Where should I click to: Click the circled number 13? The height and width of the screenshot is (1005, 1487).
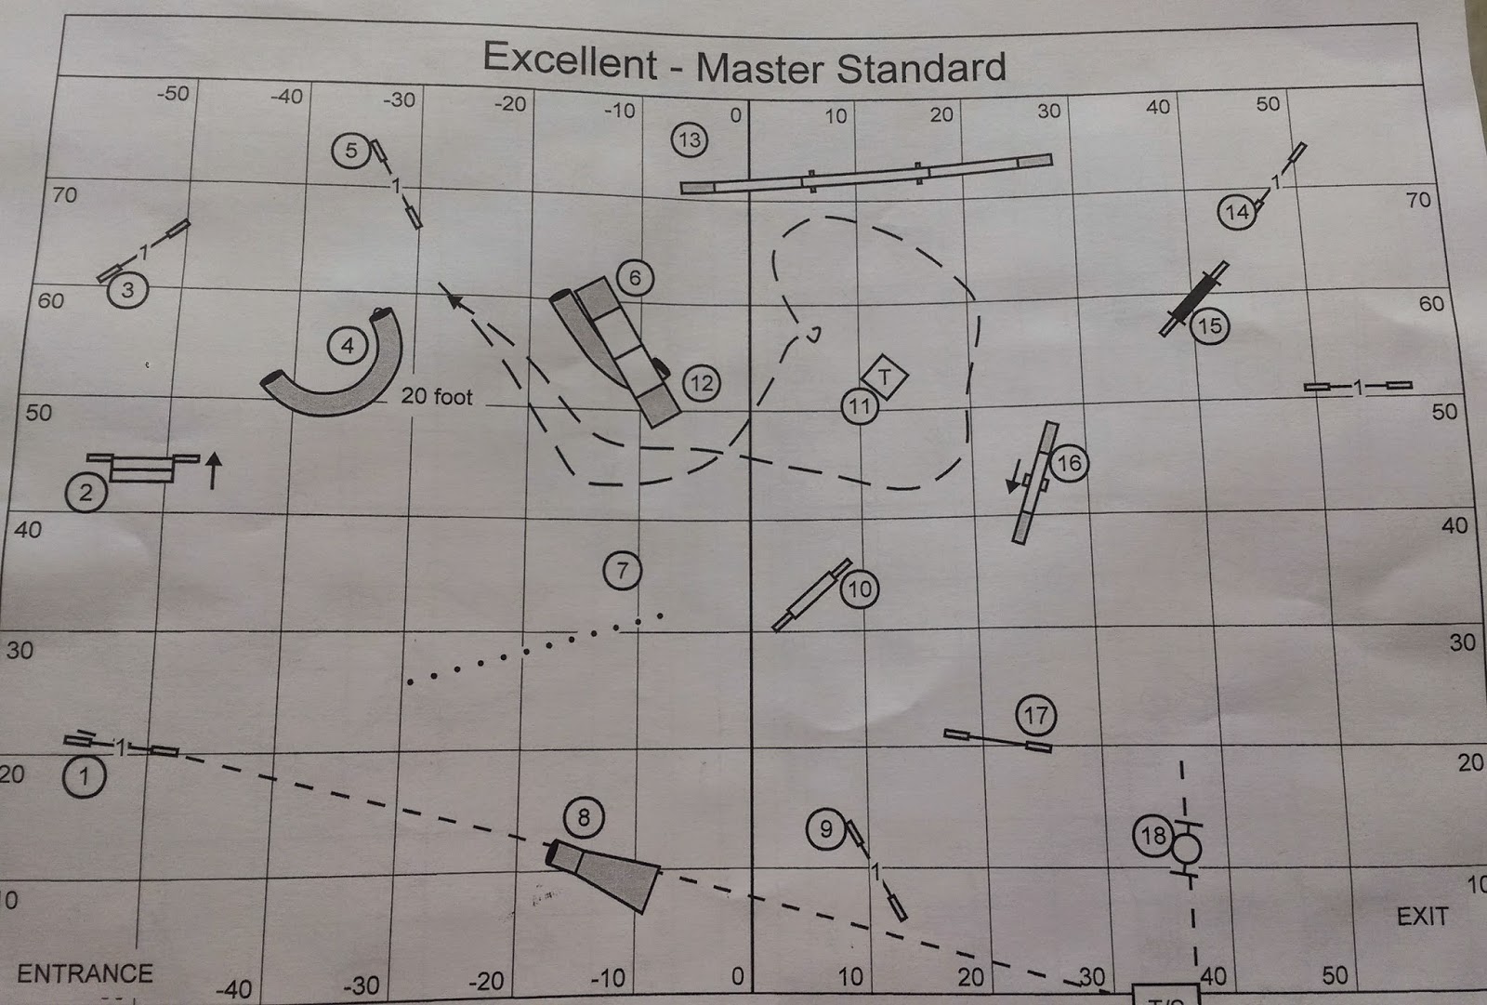[690, 140]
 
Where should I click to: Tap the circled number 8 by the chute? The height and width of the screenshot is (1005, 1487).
[584, 817]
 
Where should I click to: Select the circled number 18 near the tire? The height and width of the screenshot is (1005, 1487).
[1153, 835]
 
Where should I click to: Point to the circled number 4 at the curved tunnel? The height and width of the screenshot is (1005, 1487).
[348, 347]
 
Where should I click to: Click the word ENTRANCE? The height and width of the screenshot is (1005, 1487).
[85, 973]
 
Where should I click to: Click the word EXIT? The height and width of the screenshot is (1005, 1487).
[1422, 917]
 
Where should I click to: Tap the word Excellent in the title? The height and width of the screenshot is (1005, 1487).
[570, 60]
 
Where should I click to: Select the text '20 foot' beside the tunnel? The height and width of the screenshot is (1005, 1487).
[437, 397]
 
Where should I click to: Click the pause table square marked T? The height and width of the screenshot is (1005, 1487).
[885, 377]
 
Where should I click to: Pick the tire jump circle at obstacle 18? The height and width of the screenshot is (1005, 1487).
[1187, 848]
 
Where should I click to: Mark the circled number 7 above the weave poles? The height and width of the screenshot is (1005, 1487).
[623, 570]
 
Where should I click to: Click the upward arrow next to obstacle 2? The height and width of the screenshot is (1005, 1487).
[213, 469]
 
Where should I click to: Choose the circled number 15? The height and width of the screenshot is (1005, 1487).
[1210, 326]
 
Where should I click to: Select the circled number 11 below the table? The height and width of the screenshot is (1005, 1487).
[859, 406]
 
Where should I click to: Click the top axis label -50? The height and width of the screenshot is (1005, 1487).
[173, 93]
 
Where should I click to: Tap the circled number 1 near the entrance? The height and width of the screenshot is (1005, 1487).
[85, 775]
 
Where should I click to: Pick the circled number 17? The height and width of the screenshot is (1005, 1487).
[1035, 715]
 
